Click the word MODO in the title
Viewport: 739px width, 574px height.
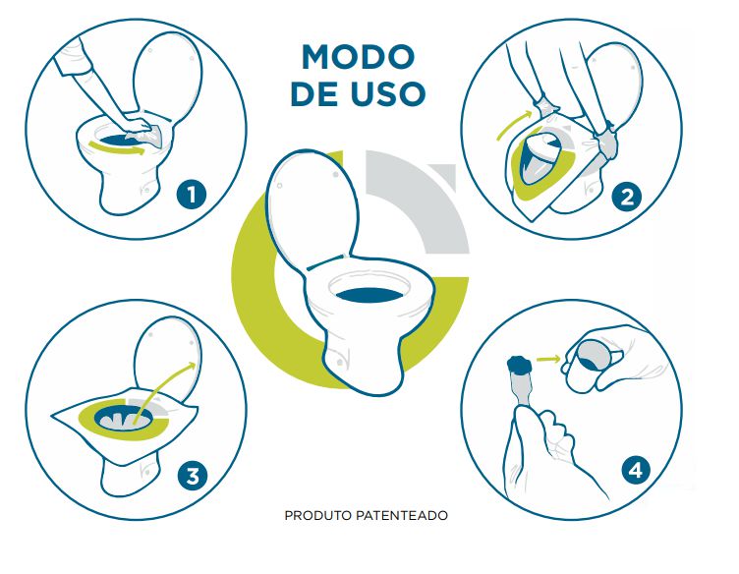click(x=358, y=56)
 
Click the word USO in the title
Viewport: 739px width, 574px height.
click(x=390, y=93)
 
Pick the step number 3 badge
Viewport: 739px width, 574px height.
click(x=192, y=478)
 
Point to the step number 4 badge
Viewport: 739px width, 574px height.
click(x=637, y=471)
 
